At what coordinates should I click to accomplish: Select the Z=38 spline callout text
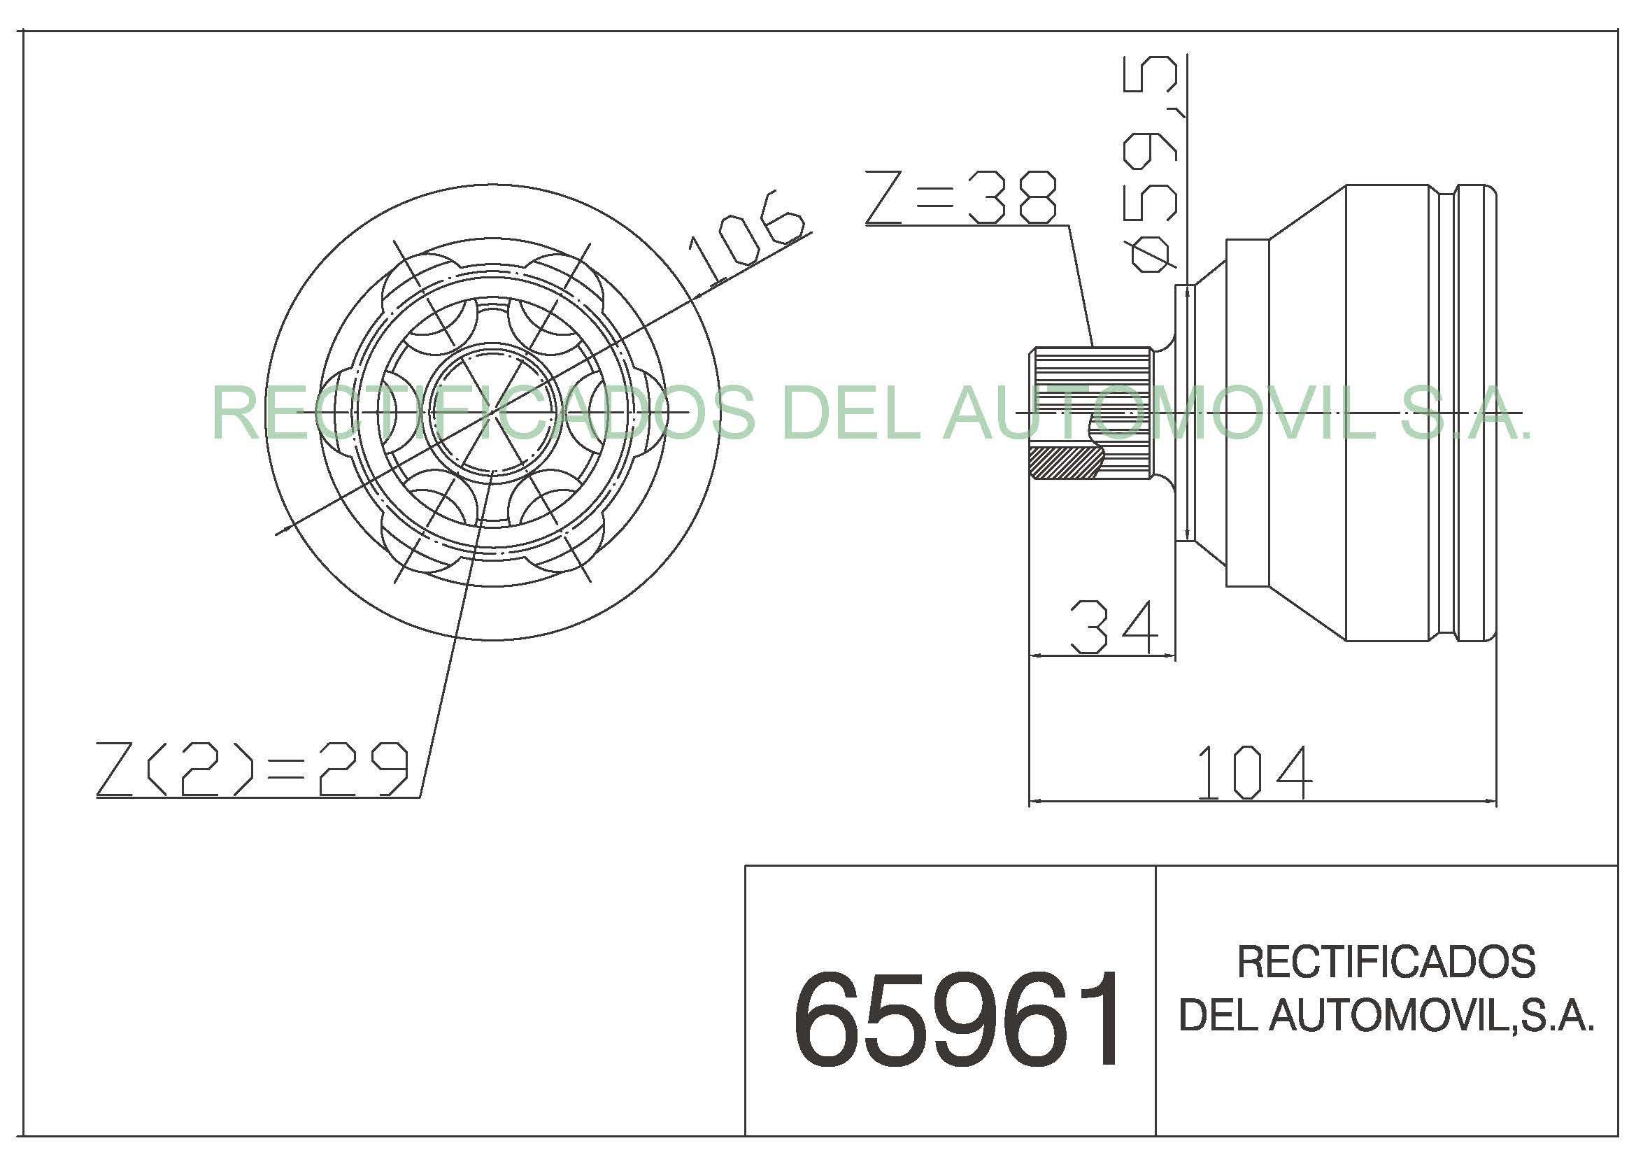click(960, 197)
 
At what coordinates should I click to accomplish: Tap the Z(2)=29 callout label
click(252, 769)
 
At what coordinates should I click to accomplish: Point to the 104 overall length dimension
click(1253, 772)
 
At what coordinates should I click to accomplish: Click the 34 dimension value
click(1114, 627)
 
